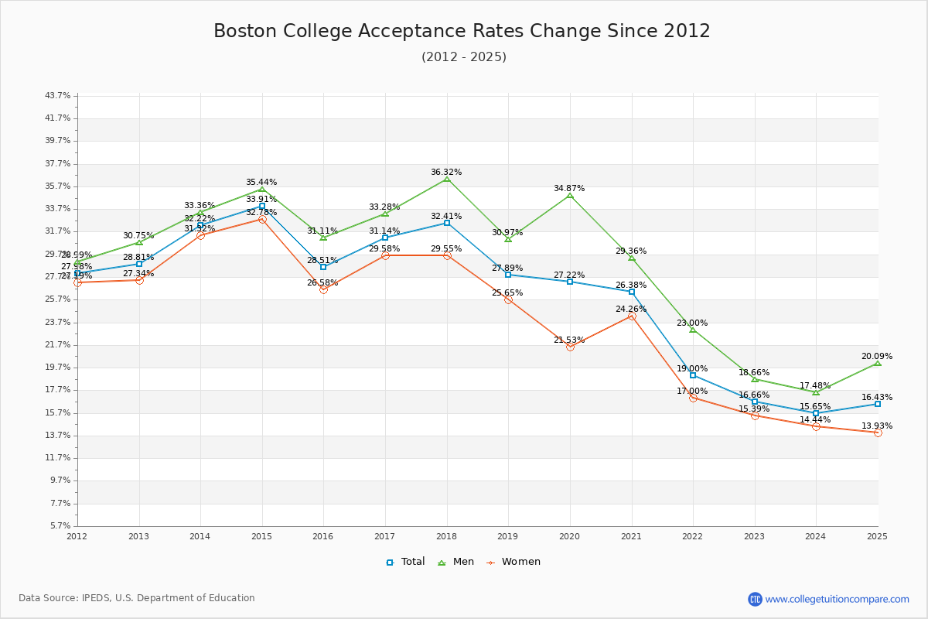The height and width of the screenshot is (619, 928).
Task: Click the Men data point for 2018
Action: coord(447,180)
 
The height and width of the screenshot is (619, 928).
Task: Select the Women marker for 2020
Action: coord(570,347)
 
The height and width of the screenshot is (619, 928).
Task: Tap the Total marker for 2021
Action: coord(632,292)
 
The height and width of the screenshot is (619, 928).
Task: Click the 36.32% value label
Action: coord(446,172)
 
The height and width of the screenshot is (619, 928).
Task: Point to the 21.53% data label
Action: coord(569,340)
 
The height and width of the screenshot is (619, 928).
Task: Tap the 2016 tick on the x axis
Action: coord(323,535)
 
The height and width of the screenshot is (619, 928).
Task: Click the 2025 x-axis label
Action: coord(877,535)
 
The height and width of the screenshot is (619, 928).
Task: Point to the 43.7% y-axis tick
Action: coord(58,96)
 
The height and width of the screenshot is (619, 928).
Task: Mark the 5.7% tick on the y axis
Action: coord(60,525)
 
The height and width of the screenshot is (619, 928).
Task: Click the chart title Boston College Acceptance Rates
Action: coord(462,31)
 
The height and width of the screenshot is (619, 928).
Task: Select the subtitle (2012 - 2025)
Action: coord(464,56)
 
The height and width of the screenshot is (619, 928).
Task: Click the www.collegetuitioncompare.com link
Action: coord(837,599)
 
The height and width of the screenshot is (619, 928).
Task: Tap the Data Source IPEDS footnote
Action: coord(137,598)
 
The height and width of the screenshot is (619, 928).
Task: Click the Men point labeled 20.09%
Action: coord(878,363)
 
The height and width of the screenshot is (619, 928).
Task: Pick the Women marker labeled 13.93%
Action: coord(878,433)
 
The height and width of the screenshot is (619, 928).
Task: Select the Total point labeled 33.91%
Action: coord(262,207)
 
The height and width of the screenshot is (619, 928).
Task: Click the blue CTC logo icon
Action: coord(755,599)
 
